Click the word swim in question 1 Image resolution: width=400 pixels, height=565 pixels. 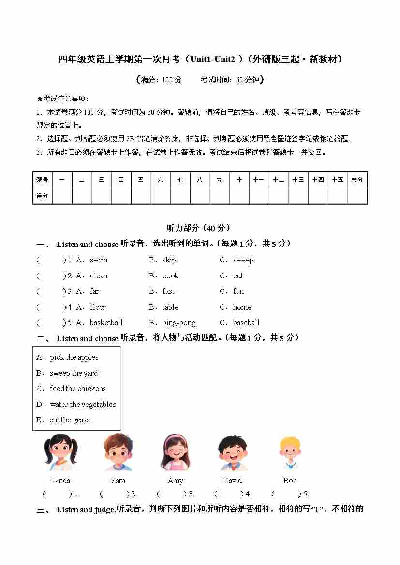pyautogui.click(x=99, y=260)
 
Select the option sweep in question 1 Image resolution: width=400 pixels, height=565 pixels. pyautogui.click(x=243, y=260)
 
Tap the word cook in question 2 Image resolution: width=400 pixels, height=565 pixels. pyautogui.click(x=170, y=276)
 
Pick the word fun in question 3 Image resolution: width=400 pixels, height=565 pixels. pyautogui.click(x=238, y=291)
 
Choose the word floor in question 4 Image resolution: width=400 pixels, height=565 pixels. pyautogui.click(x=98, y=307)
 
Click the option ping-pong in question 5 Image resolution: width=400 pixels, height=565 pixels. pyautogui.click(x=179, y=323)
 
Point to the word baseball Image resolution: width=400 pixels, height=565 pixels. pyautogui.click(x=246, y=323)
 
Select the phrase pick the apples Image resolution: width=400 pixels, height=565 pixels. pyautogui.click(x=74, y=357)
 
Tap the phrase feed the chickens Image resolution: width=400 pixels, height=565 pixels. pyautogui.click(x=77, y=389)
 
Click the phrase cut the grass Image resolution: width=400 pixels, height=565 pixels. pyautogui.click(x=70, y=420)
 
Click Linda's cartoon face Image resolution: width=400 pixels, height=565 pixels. pyautogui.click(x=60, y=452)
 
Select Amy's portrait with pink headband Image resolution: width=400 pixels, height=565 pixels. pyautogui.click(x=175, y=452)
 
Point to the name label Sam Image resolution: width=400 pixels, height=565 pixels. pyautogui.click(x=118, y=481)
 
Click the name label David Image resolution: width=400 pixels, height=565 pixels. pyautogui.click(x=232, y=481)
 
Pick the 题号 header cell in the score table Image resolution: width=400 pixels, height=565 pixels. pyautogui.click(x=42, y=180)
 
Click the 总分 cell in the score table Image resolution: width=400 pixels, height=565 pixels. pyautogui.click(x=357, y=180)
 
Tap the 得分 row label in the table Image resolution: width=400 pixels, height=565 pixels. pyautogui.click(x=42, y=196)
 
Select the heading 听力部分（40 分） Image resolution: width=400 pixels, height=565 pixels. pyautogui.click(x=198, y=228)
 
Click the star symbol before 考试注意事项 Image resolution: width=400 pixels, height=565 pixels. pyautogui.click(x=40, y=99)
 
